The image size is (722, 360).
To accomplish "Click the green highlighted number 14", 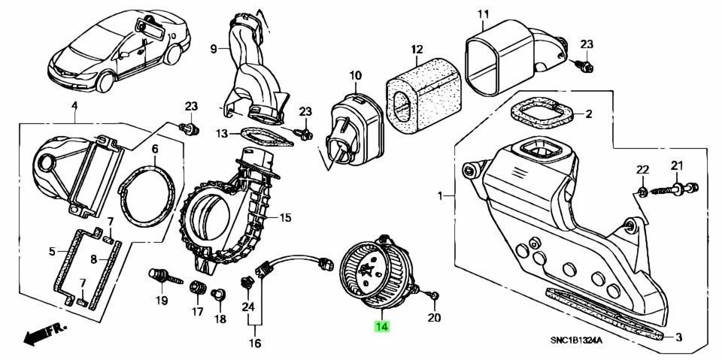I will [x=381, y=327].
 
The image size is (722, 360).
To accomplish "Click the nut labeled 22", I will [x=642, y=191].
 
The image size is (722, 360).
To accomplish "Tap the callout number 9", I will [x=213, y=49].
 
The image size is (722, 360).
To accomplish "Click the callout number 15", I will [x=284, y=218].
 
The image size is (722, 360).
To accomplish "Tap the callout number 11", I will [x=482, y=14].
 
